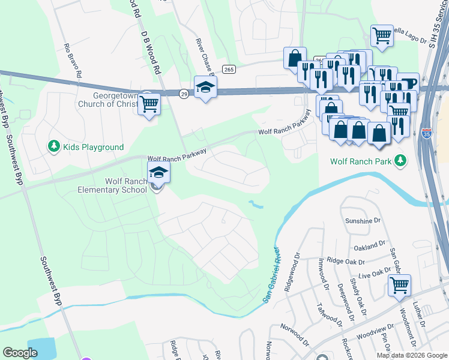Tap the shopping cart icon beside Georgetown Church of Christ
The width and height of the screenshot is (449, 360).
(x=149, y=104)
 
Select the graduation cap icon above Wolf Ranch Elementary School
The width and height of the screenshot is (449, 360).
(x=159, y=172)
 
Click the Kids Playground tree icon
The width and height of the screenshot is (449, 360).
(x=54, y=146)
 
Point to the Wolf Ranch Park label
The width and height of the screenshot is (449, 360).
(x=361, y=161)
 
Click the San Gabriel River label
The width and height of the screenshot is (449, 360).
(x=271, y=275)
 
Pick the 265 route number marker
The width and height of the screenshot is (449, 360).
(x=229, y=70)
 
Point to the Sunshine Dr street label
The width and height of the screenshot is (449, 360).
(x=363, y=221)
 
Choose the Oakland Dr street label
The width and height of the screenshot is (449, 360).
(x=370, y=245)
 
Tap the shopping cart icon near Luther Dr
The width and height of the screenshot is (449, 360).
(x=399, y=286)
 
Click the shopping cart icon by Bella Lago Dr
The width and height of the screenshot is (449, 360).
(x=382, y=36)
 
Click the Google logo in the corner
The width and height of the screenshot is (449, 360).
(x=20, y=353)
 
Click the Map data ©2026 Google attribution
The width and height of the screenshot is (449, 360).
(x=412, y=355)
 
